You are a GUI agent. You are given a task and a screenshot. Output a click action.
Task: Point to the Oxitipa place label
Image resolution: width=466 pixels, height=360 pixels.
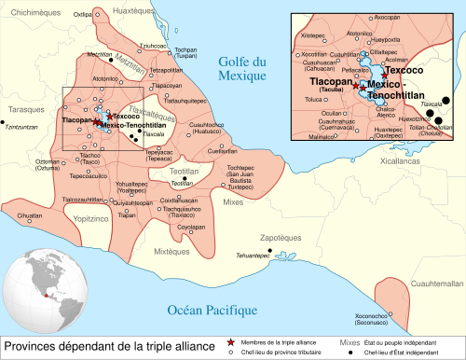point(82,15)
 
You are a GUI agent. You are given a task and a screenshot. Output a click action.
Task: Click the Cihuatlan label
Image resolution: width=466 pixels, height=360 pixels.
point(30,215)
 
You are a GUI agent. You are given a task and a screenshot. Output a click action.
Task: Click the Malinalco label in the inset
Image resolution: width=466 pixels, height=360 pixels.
point(320,137)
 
